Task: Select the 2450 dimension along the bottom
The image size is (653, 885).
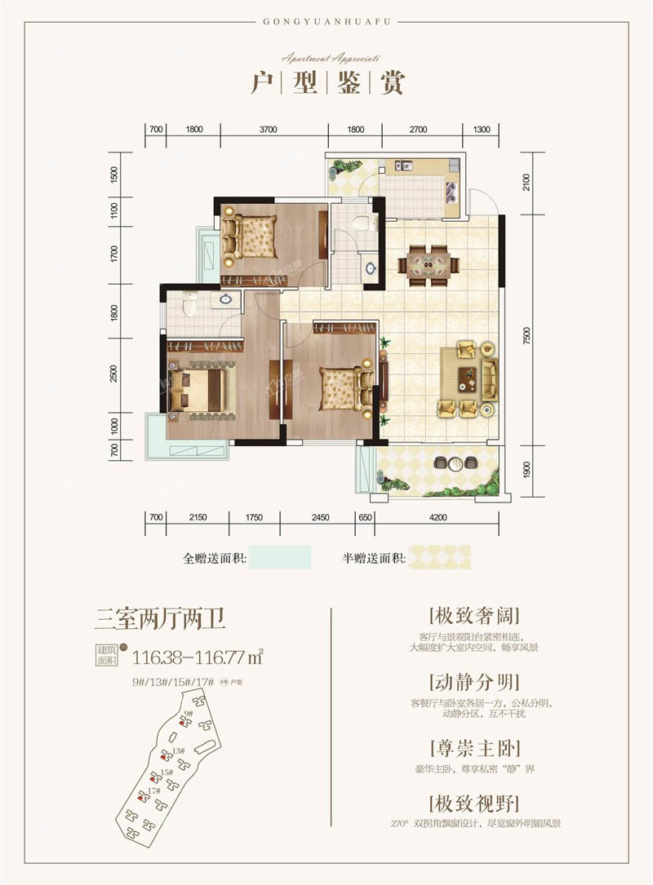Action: point(319,516)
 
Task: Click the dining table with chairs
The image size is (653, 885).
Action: point(428,264)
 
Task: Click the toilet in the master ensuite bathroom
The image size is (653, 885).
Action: point(189,305)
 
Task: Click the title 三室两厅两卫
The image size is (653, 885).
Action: point(160,617)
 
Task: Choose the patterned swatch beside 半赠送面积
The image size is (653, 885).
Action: point(440,558)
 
